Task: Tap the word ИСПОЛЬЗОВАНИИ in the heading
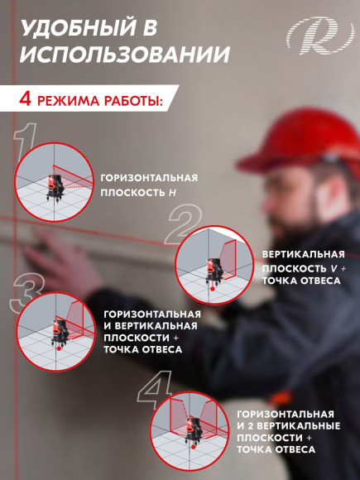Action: point(124,55)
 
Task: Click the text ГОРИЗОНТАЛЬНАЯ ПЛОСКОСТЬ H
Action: point(149,185)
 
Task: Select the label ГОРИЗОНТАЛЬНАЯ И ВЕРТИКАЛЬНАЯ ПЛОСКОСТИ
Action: point(152,331)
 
